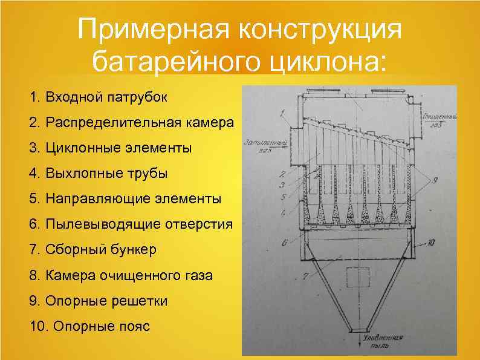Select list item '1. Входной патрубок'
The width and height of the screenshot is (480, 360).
point(99,97)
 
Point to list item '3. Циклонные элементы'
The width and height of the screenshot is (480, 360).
point(111,148)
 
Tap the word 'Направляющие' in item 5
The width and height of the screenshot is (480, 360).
point(88,198)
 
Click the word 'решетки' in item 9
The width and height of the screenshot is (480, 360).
point(141,301)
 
